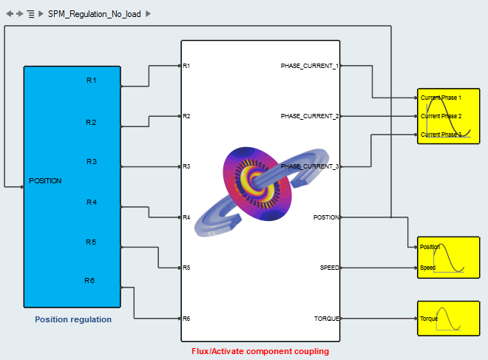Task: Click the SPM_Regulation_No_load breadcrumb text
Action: click(x=95, y=14)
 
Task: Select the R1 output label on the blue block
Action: click(x=92, y=80)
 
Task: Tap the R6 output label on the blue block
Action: click(x=89, y=280)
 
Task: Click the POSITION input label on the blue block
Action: click(x=45, y=180)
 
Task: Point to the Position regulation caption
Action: click(x=73, y=319)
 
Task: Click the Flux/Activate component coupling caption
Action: click(x=260, y=351)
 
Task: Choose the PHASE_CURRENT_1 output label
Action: click(x=309, y=66)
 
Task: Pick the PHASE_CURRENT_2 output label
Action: click(x=309, y=116)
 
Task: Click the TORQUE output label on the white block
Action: click(x=326, y=319)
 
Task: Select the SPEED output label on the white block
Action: click(x=329, y=268)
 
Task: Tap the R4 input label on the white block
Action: click(x=187, y=217)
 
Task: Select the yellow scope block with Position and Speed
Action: click(x=448, y=257)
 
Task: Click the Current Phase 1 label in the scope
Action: click(x=441, y=98)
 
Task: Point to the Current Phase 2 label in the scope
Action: click(x=441, y=116)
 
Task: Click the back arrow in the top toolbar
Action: click(x=9, y=14)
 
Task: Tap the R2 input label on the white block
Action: click(x=187, y=116)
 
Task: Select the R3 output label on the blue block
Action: click(x=92, y=161)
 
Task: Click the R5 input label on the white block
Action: click(x=187, y=268)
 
